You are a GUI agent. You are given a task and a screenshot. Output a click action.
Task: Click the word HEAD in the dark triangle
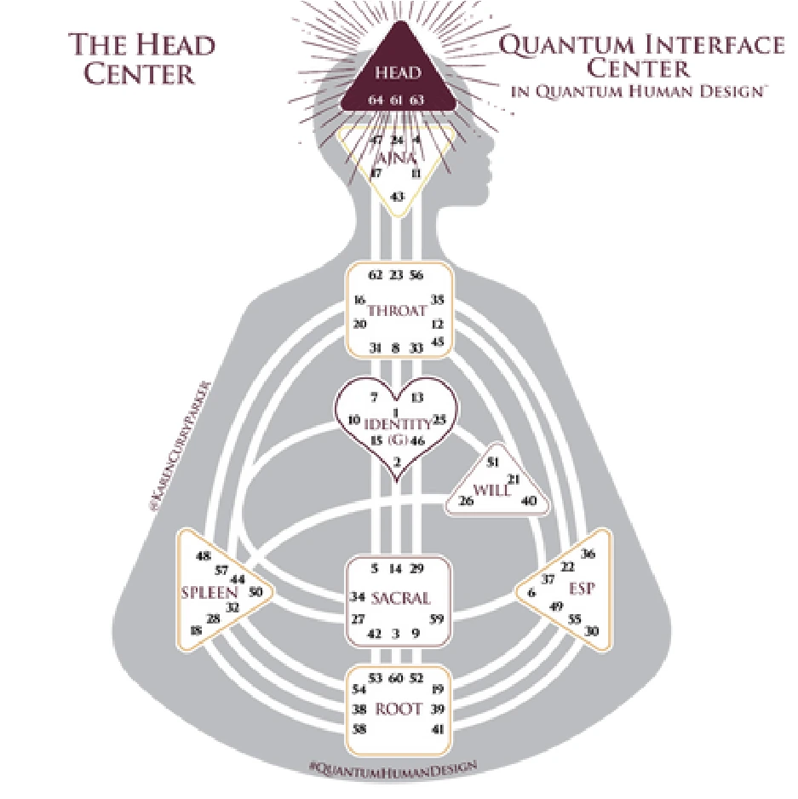click(398, 72)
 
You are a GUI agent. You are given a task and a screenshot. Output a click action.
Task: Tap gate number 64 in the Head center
click(376, 101)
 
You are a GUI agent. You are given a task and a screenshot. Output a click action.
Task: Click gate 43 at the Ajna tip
click(397, 197)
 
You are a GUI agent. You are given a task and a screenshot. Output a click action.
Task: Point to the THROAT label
click(397, 312)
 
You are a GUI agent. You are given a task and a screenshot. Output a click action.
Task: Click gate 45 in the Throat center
click(439, 342)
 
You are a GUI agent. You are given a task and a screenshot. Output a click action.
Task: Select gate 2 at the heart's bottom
click(397, 462)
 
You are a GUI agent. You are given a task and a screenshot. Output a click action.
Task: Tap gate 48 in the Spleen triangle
click(203, 556)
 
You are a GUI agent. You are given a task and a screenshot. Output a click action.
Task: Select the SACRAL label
click(400, 598)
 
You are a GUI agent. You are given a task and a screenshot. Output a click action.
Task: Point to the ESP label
click(581, 588)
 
